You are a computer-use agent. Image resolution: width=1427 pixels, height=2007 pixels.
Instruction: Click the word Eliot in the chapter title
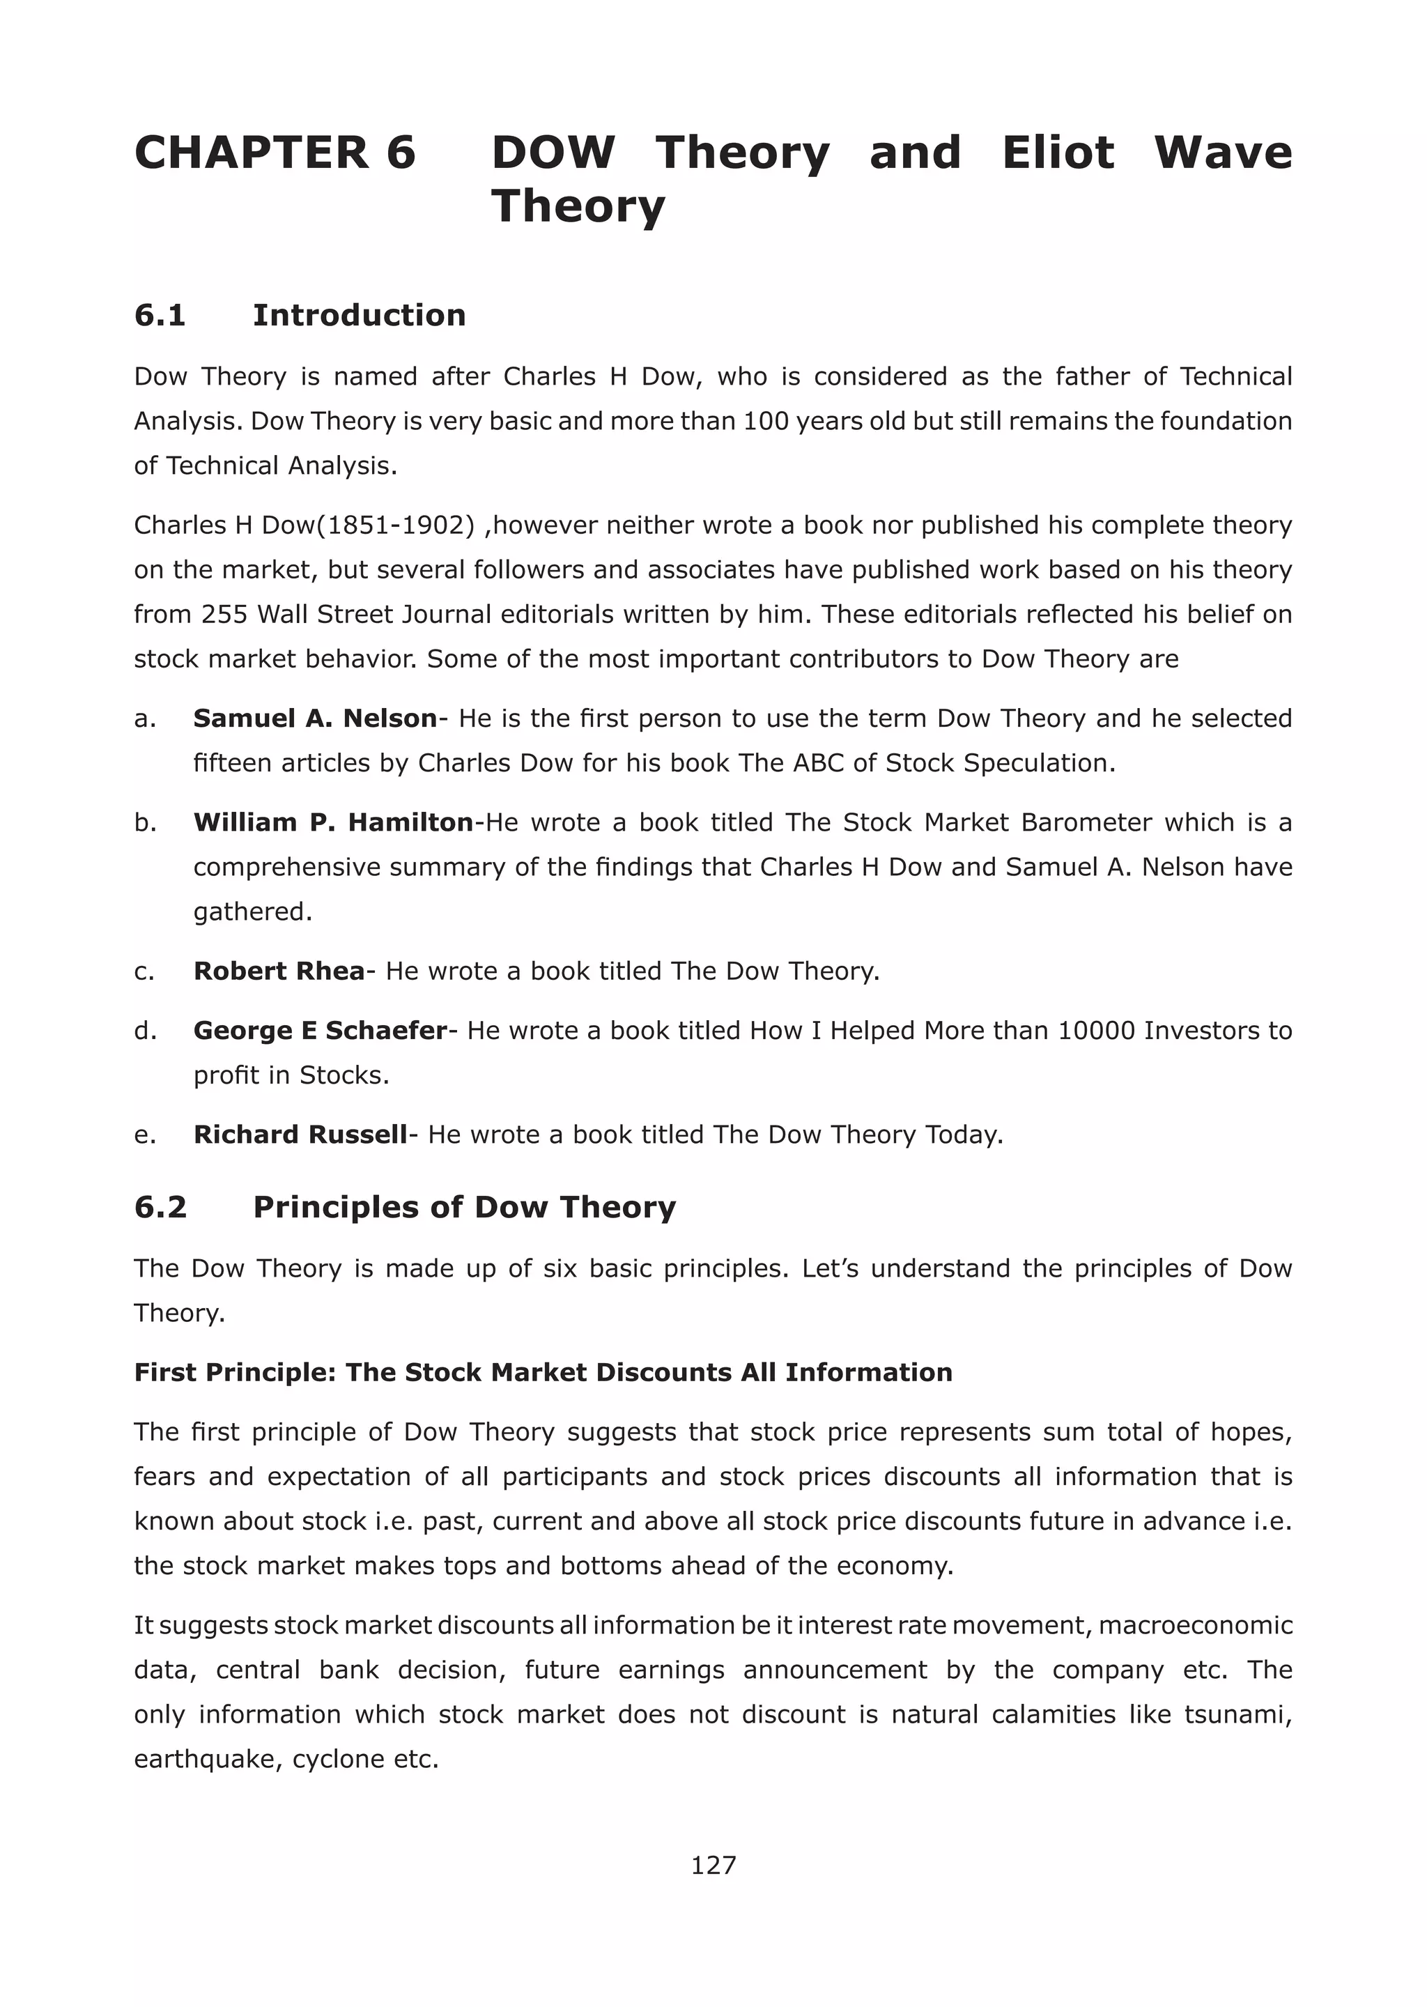point(1057,152)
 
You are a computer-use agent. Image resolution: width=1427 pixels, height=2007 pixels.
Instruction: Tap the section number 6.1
point(160,314)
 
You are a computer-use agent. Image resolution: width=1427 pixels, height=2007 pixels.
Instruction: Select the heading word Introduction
point(359,314)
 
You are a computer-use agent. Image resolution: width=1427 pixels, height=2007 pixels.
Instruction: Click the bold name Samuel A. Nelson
point(314,718)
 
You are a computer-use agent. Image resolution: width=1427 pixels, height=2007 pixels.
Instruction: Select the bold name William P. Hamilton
point(333,822)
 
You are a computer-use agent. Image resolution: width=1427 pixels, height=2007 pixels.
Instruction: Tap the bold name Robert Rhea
point(279,970)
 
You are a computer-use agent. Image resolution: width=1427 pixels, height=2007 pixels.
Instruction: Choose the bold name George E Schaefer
point(320,1030)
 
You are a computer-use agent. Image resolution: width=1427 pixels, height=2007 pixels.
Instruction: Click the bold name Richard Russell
point(300,1135)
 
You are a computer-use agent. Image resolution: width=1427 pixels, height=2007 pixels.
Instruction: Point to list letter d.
point(145,1030)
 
